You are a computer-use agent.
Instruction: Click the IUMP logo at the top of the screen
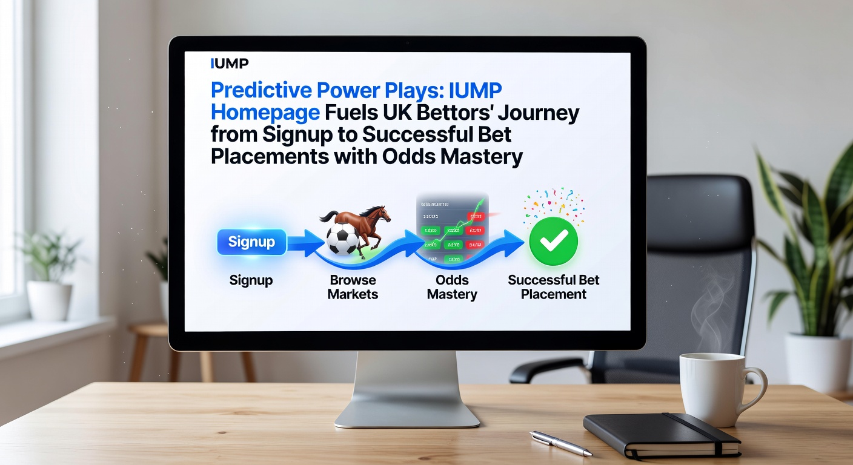click(x=229, y=64)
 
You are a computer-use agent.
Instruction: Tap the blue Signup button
click(x=251, y=242)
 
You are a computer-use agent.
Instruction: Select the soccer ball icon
click(x=342, y=240)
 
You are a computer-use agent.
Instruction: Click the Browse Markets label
click(x=353, y=288)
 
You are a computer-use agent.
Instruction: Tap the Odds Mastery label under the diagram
click(x=452, y=288)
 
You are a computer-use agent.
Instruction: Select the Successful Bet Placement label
click(x=554, y=288)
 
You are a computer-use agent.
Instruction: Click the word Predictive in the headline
click(x=261, y=91)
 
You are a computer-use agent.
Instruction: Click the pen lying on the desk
click(x=560, y=443)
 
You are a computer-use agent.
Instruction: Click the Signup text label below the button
click(x=251, y=280)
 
